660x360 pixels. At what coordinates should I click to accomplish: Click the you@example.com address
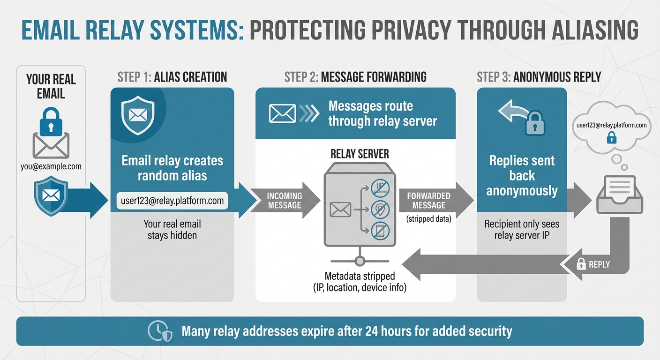coord(51,166)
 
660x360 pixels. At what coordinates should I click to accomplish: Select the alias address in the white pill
coord(172,201)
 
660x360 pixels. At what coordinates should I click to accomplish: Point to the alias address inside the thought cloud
coord(611,125)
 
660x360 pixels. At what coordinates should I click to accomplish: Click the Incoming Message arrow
coord(285,200)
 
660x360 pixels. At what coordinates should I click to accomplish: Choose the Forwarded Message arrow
coord(428,200)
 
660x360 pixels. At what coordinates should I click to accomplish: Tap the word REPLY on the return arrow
coord(599,264)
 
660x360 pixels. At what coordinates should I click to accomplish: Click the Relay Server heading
coord(360,154)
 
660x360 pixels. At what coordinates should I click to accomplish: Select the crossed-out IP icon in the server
coord(380,188)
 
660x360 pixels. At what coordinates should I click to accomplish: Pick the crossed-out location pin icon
coord(380,209)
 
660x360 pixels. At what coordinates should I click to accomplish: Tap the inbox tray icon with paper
coord(619,195)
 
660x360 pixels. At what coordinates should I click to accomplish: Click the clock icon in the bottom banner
coord(156,331)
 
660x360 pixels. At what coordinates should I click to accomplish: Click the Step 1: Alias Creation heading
coord(172,77)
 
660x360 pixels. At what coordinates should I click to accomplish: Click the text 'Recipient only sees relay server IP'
coord(522,229)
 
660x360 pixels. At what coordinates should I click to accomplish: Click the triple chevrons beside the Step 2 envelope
coord(309,113)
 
